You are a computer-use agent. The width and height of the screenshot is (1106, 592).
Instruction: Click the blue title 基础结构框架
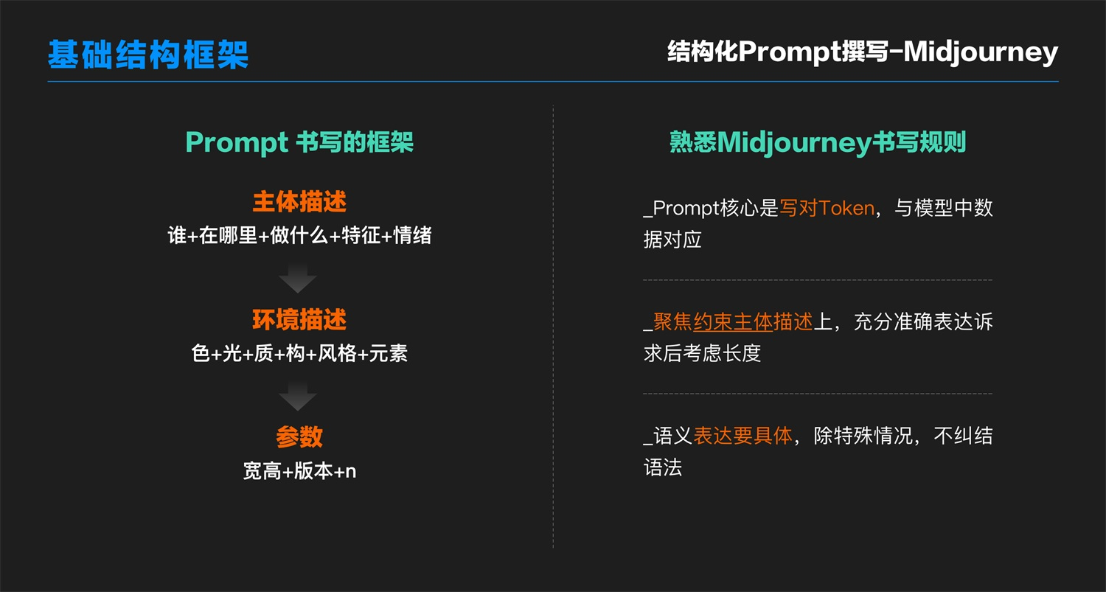tap(148, 55)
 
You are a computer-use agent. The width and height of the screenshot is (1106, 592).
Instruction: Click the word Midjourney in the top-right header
tap(981, 52)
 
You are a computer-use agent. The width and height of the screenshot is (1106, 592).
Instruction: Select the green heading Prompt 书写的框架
tap(299, 143)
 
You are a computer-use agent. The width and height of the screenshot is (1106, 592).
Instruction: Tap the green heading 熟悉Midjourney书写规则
tap(818, 143)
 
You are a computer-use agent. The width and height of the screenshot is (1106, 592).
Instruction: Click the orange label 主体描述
tap(299, 201)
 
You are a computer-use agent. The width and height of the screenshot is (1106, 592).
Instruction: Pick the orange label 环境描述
tap(299, 319)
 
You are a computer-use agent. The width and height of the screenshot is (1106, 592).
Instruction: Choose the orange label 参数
tap(299, 437)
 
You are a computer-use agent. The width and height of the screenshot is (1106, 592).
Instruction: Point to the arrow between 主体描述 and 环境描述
tap(298, 279)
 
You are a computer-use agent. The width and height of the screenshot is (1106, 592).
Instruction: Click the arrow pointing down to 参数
tap(298, 396)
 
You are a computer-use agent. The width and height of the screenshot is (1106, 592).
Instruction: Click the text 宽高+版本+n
tap(299, 471)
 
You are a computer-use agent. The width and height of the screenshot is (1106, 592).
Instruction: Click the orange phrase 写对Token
tap(827, 208)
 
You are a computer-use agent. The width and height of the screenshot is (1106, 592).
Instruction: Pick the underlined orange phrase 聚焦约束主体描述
tap(733, 322)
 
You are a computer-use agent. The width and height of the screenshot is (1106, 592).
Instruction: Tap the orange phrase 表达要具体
tap(742, 436)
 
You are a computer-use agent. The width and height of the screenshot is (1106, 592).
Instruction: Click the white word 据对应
tap(672, 240)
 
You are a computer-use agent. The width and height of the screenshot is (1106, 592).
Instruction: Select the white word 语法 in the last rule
tap(663, 467)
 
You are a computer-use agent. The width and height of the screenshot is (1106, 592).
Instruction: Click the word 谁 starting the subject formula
tap(177, 235)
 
